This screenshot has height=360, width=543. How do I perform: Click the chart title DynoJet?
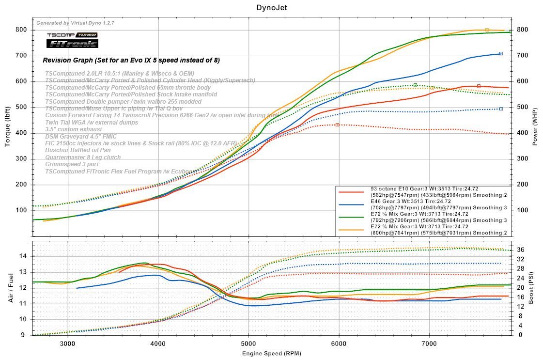tap(271, 8)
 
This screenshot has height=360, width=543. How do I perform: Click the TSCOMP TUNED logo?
tap(72, 35)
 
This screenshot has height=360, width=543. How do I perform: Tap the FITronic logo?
tap(72, 44)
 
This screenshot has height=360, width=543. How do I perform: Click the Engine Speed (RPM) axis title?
tap(271, 353)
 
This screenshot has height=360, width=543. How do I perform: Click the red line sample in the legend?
tap(351, 192)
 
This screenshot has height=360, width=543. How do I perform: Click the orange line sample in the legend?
tap(351, 230)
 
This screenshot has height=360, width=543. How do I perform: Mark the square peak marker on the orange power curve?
tap(487, 30)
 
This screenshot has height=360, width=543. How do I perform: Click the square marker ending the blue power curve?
tap(501, 53)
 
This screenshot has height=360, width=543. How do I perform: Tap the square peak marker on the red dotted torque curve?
tap(337, 125)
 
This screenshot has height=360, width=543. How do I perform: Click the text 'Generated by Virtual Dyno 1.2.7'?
tap(76, 23)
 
